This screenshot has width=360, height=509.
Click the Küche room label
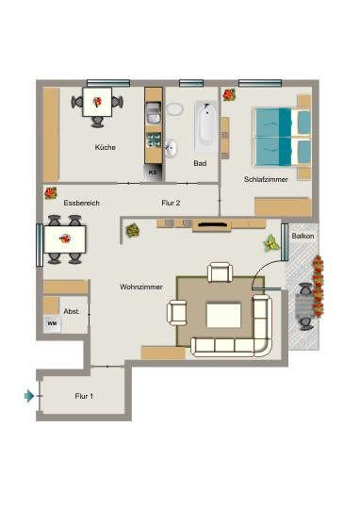tap(104, 148)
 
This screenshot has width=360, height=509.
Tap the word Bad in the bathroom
tap(200, 163)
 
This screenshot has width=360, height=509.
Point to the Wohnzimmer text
tap(141, 286)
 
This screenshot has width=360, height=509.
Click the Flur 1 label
tap(84, 396)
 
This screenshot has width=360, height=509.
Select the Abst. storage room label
tap(71, 310)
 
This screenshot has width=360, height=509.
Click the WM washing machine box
tap(51, 323)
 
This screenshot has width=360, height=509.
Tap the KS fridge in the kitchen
tap(153, 172)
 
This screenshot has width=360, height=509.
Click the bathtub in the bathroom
tap(206, 125)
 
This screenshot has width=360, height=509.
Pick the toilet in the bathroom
tap(174, 109)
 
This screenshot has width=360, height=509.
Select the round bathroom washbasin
tap(172, 148)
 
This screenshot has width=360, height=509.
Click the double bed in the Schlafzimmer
tap(281, 137)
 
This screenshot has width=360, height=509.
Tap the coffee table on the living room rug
tap(223, 314)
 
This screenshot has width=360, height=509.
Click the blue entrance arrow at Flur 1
tap(29, 396)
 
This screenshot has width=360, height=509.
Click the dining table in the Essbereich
tap(63, 239)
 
